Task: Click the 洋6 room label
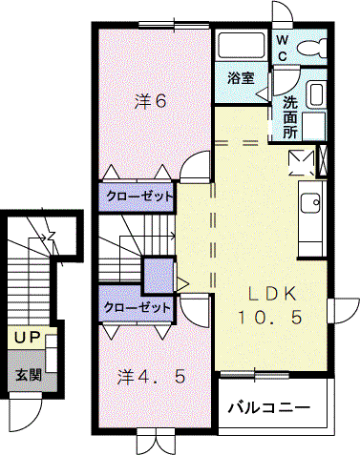(x=150, y=101)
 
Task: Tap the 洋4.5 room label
(x=151, y=378)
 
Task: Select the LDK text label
(x=272, y=294)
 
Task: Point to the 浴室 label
(x=241, y=78)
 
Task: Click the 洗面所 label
(x=289, y=117)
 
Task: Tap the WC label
(x=283, y=49)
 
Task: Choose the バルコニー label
(x=268, y=407)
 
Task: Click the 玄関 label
(x=29, y=375)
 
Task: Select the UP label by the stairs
(x=28, y=338)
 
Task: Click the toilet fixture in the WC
(x=312, y=49)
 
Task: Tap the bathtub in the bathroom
(x=243, y=45)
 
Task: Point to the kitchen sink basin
(x=310, y=203)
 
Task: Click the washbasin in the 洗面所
(x=316, y=94)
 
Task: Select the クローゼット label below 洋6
(x=139, y=196)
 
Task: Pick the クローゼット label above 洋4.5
(x=137, y=307)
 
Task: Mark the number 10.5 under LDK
(x=269, y=317)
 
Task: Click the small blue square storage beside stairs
(x=159, y=276)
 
